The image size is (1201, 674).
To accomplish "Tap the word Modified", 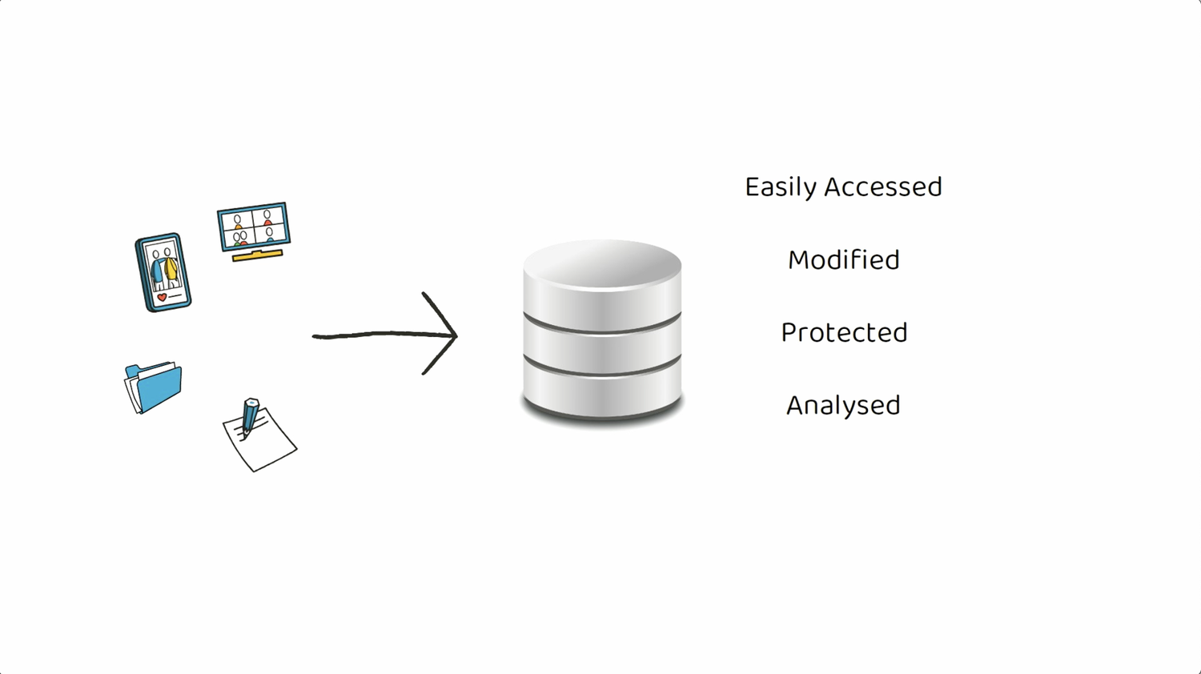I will pyautogui.click(x=843, y=260).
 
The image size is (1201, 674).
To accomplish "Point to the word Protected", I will pyautogui.click(x=844, y=333).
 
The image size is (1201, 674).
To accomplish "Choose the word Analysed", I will pyautogui.click(x=843, y=406).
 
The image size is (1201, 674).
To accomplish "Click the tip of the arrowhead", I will pyautogui.click(x=456, y=335).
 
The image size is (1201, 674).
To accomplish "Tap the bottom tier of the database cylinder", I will pyautogui.click(x=602, y=392).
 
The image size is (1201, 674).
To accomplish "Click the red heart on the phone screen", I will pyautogui.click(x=162, y=298).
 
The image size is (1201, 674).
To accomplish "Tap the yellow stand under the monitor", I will pyautogui.click(x=257, y=255).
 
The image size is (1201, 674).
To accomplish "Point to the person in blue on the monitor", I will pyautogui.click(x=270, y=235).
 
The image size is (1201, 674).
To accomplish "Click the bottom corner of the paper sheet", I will pyautogui.click(x=255, y=471).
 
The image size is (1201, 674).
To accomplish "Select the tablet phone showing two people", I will pyautogui.click(x=163, y=272).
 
